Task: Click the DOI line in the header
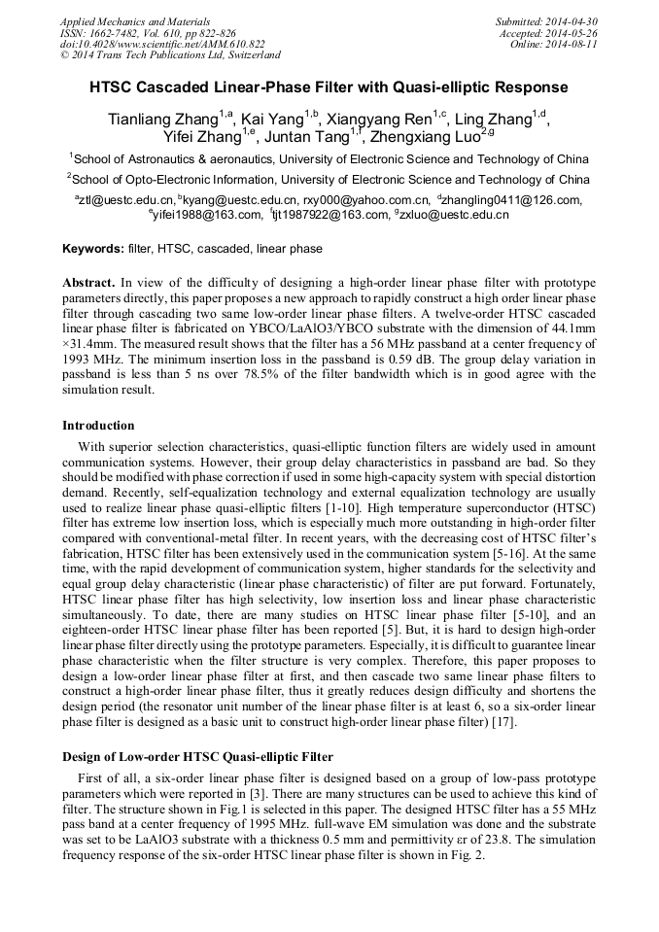point(162,45)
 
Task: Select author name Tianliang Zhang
point(162,121)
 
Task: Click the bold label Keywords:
point(92,249)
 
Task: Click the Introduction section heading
point(98,425)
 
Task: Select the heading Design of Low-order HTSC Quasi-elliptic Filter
point(197,757)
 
